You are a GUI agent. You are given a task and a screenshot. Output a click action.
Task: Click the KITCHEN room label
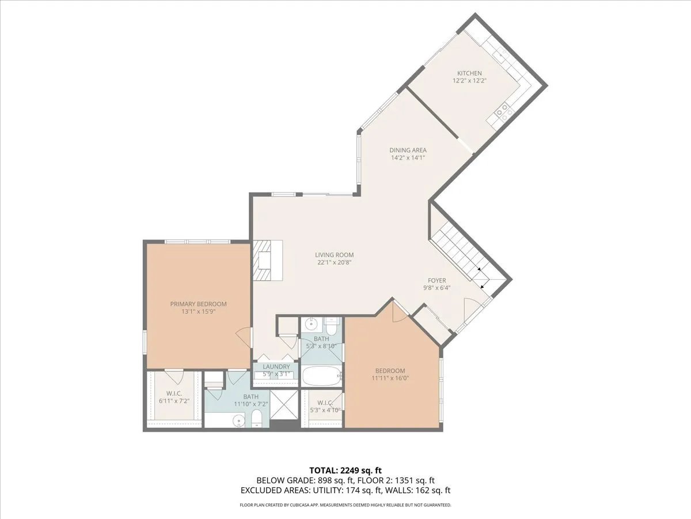point(469,73)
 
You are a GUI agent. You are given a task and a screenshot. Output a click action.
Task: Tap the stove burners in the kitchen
point(505,111)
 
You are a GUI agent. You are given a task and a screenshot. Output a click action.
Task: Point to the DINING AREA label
point(408,150)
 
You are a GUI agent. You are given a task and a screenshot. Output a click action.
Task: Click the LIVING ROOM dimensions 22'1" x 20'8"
point(334,262)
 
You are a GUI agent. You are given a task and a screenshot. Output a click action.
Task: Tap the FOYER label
point(437,281)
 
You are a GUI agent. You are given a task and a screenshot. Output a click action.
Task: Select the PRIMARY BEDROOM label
point(198,304)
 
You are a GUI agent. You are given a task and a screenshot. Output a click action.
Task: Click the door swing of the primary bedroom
point(244,337)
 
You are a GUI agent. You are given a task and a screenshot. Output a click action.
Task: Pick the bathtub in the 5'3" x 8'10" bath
point(321,376)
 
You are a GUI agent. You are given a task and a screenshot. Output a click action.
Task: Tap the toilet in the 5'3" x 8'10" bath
point(331,324)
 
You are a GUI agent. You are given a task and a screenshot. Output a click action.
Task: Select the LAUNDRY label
point(276,367)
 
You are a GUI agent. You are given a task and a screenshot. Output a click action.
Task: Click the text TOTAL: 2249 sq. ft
point(345,469)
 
